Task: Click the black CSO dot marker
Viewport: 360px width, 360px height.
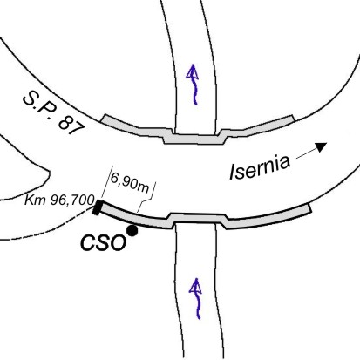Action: point(132,231)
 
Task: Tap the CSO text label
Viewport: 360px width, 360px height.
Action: point(104,242)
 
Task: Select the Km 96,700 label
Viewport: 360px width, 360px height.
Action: point(59,200)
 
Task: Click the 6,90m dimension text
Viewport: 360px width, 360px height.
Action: point(130,183)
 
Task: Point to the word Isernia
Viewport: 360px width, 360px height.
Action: point(260,166)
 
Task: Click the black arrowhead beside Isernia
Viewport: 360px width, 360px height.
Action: point(322,146)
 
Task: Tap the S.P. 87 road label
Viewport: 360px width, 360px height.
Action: point(54,113)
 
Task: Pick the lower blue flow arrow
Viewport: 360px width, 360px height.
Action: point(196,298)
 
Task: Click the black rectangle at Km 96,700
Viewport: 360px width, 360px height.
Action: point(97,207)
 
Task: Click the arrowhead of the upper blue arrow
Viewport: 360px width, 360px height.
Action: point(192,71)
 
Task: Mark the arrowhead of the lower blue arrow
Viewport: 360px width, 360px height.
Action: point(195,285)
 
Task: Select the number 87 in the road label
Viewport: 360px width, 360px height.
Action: point(71,126)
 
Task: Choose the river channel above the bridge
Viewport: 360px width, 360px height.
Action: point(195,67)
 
